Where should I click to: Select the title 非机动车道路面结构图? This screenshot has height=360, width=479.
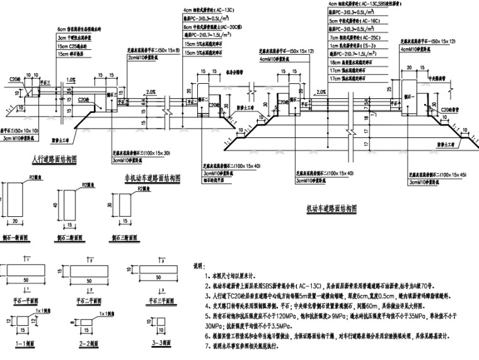click(x=153, y=178)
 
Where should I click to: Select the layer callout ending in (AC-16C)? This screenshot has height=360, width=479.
click(x=358, y=21)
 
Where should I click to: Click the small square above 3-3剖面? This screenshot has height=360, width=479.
click(x=136, y=322)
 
